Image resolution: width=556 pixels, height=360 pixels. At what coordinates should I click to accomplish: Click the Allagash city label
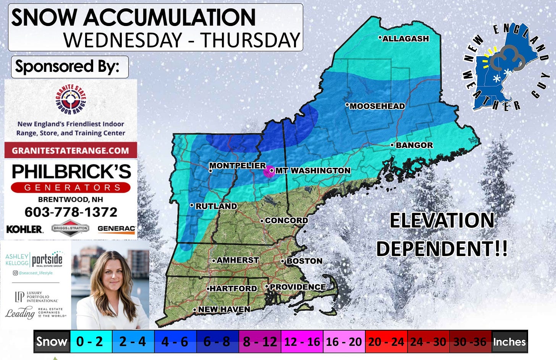406,39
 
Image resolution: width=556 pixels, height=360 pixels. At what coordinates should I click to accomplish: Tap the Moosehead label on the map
377,106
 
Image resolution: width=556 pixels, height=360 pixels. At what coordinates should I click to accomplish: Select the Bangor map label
414,145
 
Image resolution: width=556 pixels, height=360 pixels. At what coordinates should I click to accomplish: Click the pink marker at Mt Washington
269,171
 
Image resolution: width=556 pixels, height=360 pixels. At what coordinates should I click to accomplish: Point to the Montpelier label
237,165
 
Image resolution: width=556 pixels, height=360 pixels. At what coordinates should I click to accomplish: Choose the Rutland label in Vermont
216,206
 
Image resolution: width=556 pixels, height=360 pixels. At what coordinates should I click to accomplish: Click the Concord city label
286,221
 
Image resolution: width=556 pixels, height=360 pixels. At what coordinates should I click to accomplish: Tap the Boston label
304,261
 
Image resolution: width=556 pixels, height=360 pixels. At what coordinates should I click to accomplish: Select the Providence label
297,287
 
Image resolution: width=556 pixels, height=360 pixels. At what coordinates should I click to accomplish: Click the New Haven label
224,309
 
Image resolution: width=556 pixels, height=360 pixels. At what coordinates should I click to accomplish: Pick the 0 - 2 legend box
90,341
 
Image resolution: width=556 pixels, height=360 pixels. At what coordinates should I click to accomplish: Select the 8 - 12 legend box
260,341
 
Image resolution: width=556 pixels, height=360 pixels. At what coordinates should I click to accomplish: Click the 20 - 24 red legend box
386,341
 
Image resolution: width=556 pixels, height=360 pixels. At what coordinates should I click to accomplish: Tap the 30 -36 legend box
470,341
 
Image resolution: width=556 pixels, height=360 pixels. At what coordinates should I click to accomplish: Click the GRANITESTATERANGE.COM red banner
71,150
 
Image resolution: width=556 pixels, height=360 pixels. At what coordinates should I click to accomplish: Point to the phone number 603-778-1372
71,212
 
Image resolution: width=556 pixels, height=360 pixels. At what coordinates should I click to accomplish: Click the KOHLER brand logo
24,229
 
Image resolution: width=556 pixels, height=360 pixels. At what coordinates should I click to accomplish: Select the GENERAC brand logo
116,229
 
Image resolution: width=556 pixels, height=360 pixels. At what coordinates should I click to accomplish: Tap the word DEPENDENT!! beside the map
442,249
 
